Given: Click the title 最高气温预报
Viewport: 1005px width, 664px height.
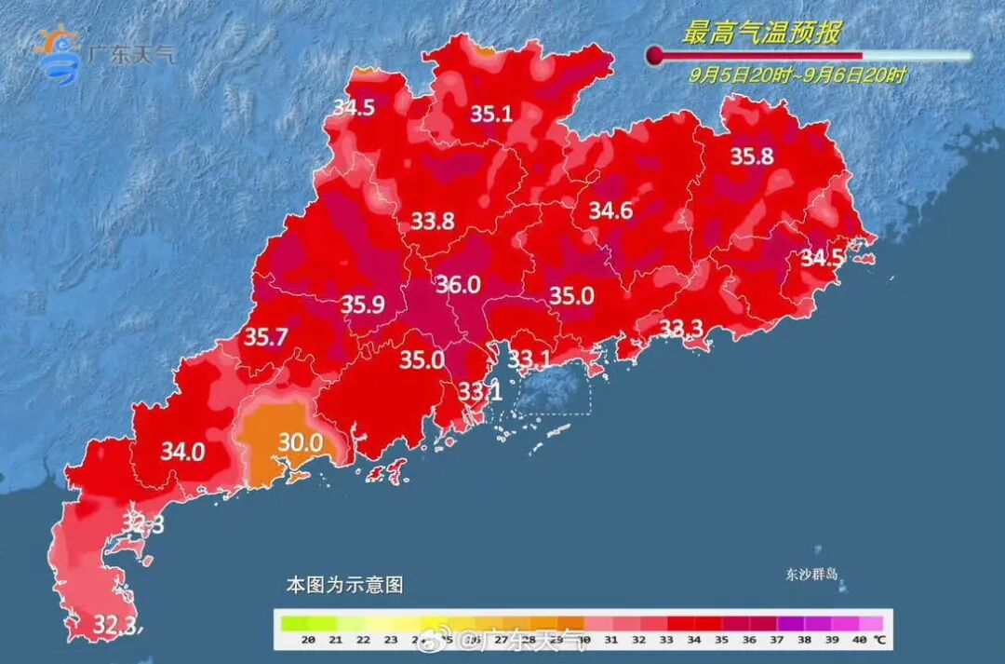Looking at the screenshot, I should pos(761,34).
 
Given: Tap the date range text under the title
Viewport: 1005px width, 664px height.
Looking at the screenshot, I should pos(797,75).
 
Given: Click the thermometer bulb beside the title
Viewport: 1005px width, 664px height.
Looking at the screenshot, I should pos(656,56).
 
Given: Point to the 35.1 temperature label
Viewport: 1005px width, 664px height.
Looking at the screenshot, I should pos(490,114).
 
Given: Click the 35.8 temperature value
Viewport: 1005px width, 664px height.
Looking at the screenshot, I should pos(751,156).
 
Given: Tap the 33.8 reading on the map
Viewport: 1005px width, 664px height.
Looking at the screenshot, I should pos(433,221).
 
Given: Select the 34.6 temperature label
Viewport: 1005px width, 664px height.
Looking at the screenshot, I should pos(610,210).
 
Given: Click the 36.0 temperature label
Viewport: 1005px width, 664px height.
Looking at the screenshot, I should pos(458,284).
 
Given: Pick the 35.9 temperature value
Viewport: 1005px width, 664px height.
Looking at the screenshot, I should pos(363,304).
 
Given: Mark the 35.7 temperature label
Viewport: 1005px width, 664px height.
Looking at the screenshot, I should pos(266,337).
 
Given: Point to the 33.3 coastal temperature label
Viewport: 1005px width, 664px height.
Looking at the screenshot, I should pos(682,327).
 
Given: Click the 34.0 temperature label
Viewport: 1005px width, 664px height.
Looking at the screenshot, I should pos(182,452).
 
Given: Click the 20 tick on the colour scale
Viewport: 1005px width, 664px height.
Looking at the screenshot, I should pos(310,640).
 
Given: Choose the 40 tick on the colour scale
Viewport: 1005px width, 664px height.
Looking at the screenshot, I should pos(858,640).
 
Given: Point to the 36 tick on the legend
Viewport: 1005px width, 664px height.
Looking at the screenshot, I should pos(749,640).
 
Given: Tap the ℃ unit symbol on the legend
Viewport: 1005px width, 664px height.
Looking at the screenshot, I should pos(878,640).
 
